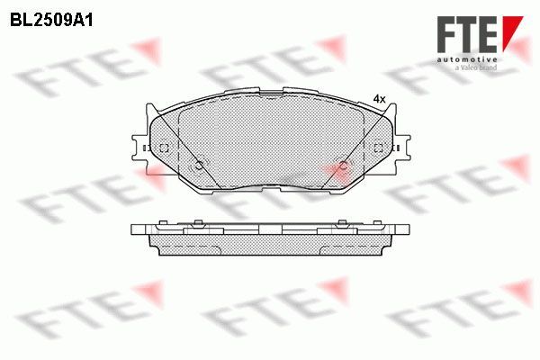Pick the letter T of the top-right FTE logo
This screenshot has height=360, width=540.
(470, 33)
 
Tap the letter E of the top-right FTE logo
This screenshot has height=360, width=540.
(490, 33)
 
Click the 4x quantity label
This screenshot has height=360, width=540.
(379, 99)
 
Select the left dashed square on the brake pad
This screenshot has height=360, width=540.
(163, 148)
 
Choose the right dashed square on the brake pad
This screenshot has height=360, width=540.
(379, 148)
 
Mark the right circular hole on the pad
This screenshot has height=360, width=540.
(341, 165)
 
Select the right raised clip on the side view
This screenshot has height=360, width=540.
(342, 223)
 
